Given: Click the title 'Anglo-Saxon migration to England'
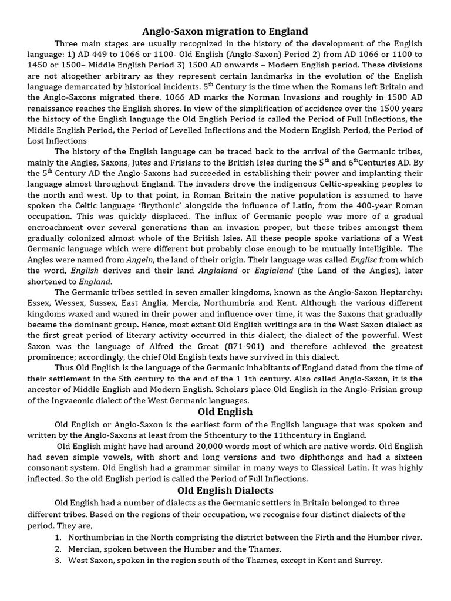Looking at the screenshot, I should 225,31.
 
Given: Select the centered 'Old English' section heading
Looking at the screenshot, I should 225,411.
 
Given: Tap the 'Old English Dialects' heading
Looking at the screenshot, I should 225,490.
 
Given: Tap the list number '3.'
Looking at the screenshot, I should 58,561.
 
